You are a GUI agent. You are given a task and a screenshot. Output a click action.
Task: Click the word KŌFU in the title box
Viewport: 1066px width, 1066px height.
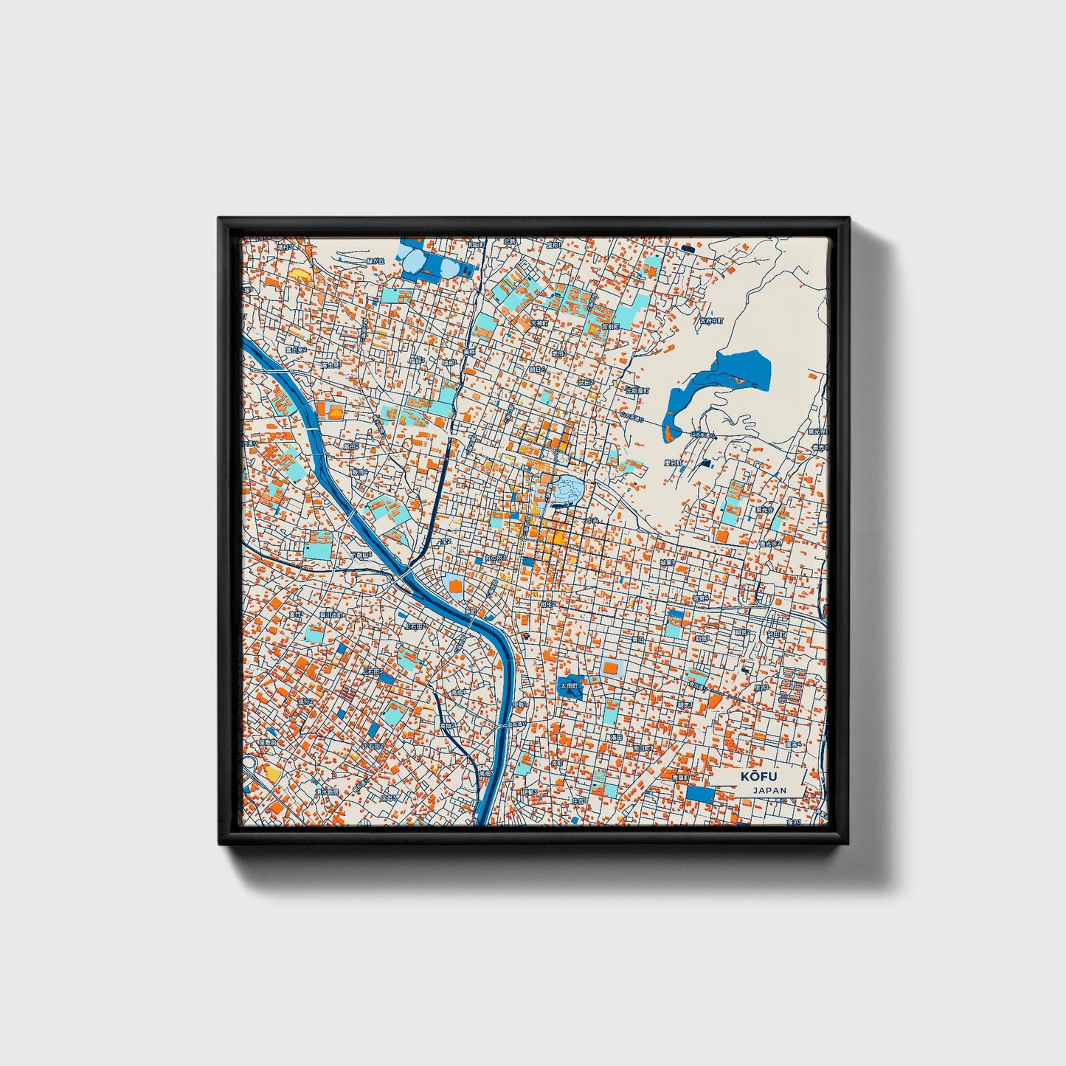pos(753,777)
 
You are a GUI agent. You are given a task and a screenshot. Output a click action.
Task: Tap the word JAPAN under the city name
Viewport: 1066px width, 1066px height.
pos(769,790)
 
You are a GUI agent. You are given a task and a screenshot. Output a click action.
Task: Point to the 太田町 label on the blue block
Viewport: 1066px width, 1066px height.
pos(569,685)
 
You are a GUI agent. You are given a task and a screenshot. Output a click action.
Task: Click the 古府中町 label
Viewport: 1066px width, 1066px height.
pos(713,321)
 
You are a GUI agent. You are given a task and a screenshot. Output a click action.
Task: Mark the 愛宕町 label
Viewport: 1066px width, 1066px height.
pos(672,463)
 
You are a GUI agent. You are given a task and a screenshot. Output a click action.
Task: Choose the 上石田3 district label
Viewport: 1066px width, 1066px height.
pos(415,626)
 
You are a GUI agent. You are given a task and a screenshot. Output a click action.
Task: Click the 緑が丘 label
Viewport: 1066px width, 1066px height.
pos(375,260)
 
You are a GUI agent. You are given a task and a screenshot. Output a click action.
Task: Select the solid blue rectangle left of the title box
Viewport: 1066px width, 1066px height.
pos(700,795)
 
